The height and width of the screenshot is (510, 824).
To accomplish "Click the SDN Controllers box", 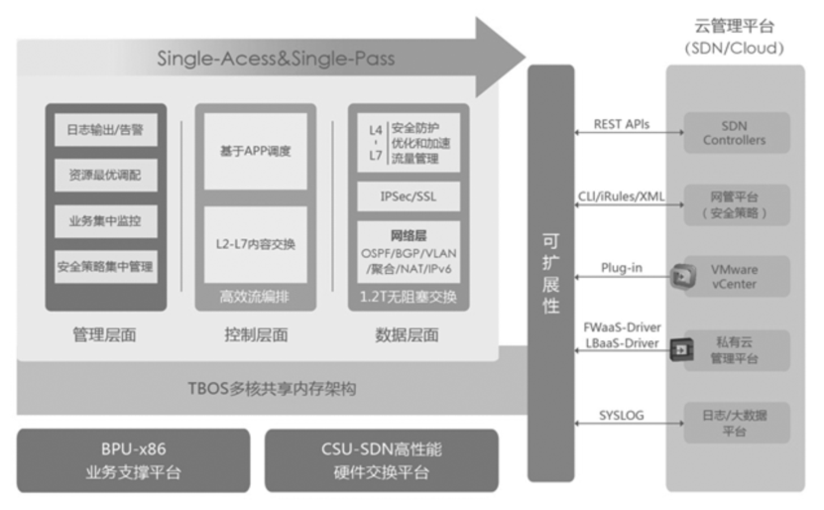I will pos(734,133).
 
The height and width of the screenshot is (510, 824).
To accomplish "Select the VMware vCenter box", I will pos(734,276).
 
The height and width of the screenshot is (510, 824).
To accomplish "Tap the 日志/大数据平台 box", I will pos(734,422).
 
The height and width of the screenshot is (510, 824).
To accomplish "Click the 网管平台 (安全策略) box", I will pos(734,205).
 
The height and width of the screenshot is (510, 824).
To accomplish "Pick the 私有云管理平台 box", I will pos(734,349).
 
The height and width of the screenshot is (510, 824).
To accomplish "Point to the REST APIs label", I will pos(622,124).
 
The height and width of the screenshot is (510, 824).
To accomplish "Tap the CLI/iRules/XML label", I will pos(623,195).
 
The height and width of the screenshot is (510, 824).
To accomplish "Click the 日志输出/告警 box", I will pos(104,131).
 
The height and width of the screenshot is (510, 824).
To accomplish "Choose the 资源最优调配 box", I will pos(104,176).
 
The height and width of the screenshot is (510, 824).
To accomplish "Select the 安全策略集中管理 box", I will pos(104,266).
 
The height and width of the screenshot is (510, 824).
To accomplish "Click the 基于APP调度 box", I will pos(255,152).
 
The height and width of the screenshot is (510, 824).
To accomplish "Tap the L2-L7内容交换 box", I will pos(257,244).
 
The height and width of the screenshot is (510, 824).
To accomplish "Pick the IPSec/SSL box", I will pos(408,196).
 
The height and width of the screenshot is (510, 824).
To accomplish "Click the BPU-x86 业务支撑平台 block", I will pos(134,460).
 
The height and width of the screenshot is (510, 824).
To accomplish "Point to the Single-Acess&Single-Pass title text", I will pos(276,59).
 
